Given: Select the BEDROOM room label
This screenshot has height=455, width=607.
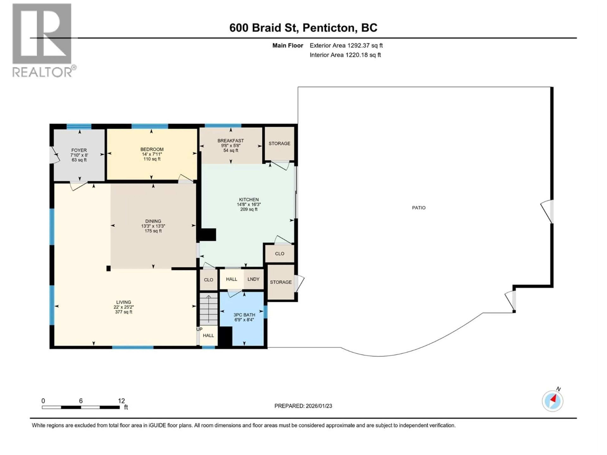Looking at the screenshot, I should tap(152, 149).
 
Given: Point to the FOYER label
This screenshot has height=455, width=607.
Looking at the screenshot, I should tap(79, 150).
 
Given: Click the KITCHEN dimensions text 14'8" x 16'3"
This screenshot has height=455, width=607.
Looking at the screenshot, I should tap(249, 204).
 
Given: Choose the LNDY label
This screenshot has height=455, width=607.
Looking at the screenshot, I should tap(253, 279).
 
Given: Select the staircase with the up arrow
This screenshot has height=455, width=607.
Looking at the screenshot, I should tap(208, 309).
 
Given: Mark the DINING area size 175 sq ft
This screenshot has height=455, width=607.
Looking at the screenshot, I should tap(153, 231).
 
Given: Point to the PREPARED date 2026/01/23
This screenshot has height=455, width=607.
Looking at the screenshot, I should tap(303, 406).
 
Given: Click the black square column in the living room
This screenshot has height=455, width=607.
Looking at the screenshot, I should tap(108, 269).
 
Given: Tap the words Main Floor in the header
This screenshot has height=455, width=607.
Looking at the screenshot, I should tap(288, 45).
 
